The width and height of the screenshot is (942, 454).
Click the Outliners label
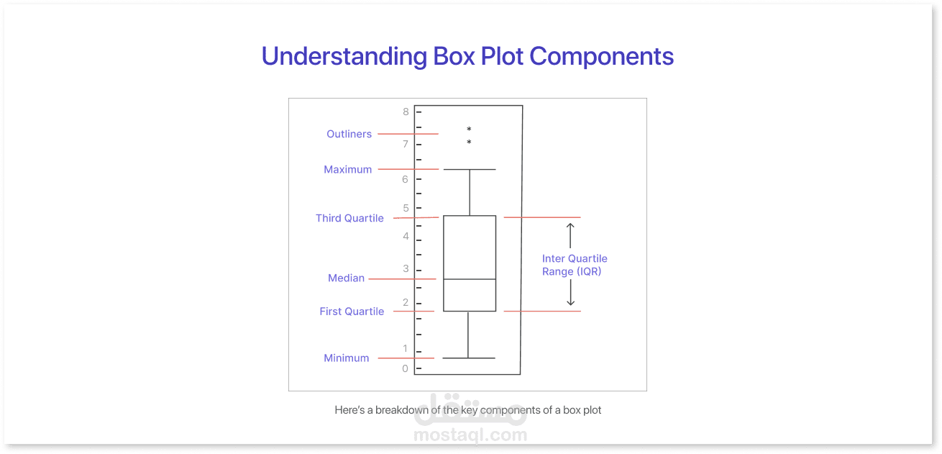click(349, 134)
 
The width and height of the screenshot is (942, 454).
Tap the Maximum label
click(348, 170)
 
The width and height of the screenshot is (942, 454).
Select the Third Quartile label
click(349, 218)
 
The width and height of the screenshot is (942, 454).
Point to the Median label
click(346, 278)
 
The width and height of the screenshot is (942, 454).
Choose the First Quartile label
click(352, 312)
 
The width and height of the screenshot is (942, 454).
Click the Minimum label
click(346, 358)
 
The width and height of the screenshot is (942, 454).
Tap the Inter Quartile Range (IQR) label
click(575, 265)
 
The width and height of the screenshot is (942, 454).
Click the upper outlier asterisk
click(469, 129)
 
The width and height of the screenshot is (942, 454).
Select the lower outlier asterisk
click(469, 142)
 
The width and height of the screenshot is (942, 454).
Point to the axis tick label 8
click(406, 112)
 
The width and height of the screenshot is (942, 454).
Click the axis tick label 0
click(405, 368)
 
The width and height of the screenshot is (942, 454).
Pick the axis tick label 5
click(406, 208)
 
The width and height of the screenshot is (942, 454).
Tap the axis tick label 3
click(406, 268)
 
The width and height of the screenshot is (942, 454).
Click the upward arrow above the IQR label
click(570, 235)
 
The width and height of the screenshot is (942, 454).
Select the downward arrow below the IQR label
click(571, 292)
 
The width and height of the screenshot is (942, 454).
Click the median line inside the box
click(470, 279)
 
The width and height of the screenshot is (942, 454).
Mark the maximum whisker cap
click(470, 169)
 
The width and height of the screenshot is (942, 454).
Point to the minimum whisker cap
click(468, 358)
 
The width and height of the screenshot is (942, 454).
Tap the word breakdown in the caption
click(402, 410)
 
